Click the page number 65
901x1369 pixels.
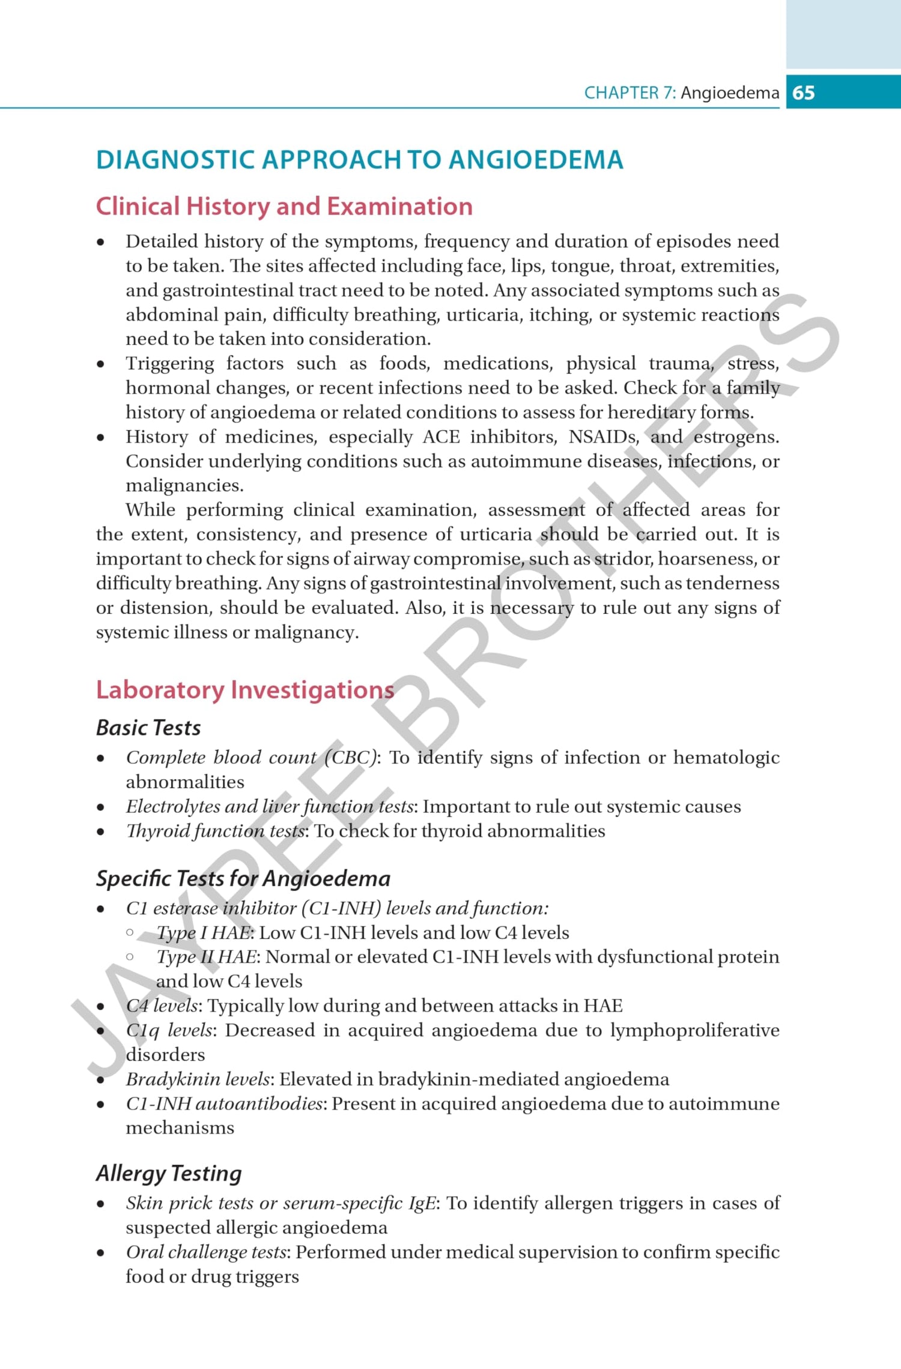803,93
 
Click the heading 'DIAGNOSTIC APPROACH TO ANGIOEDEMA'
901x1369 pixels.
359,160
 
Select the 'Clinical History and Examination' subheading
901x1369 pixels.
284,207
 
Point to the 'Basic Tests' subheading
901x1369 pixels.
148,728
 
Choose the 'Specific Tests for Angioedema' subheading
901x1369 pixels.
243,879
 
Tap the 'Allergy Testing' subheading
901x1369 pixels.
169,1173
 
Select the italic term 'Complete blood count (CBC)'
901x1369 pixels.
252,757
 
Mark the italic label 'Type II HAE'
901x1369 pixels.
207,957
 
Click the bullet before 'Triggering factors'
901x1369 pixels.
101,364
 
